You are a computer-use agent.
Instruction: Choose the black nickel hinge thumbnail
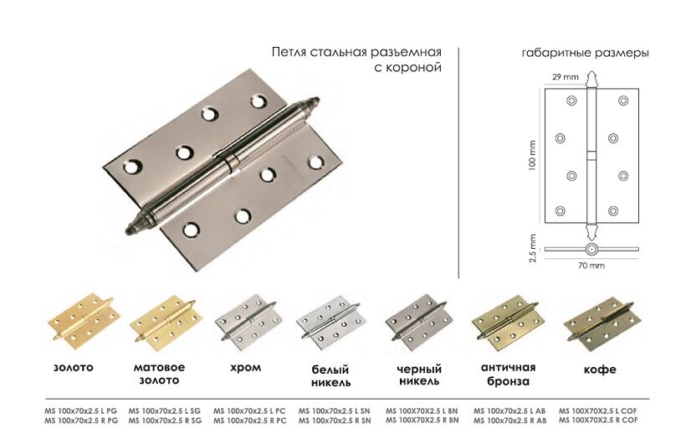point(418,323)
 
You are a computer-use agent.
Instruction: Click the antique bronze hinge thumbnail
point(506,323)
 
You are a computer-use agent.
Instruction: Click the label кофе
point(600,369)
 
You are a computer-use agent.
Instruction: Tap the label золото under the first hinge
point(74,367)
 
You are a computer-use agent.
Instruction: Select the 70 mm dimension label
point(591,266)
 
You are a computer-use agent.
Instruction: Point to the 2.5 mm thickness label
point(530,249)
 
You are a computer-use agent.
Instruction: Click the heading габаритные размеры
point(585,52)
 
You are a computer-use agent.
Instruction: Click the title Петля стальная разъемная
point(356,52)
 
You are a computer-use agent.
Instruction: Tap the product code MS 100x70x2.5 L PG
point(81,411)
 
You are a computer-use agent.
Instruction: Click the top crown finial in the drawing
point(591,80)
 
